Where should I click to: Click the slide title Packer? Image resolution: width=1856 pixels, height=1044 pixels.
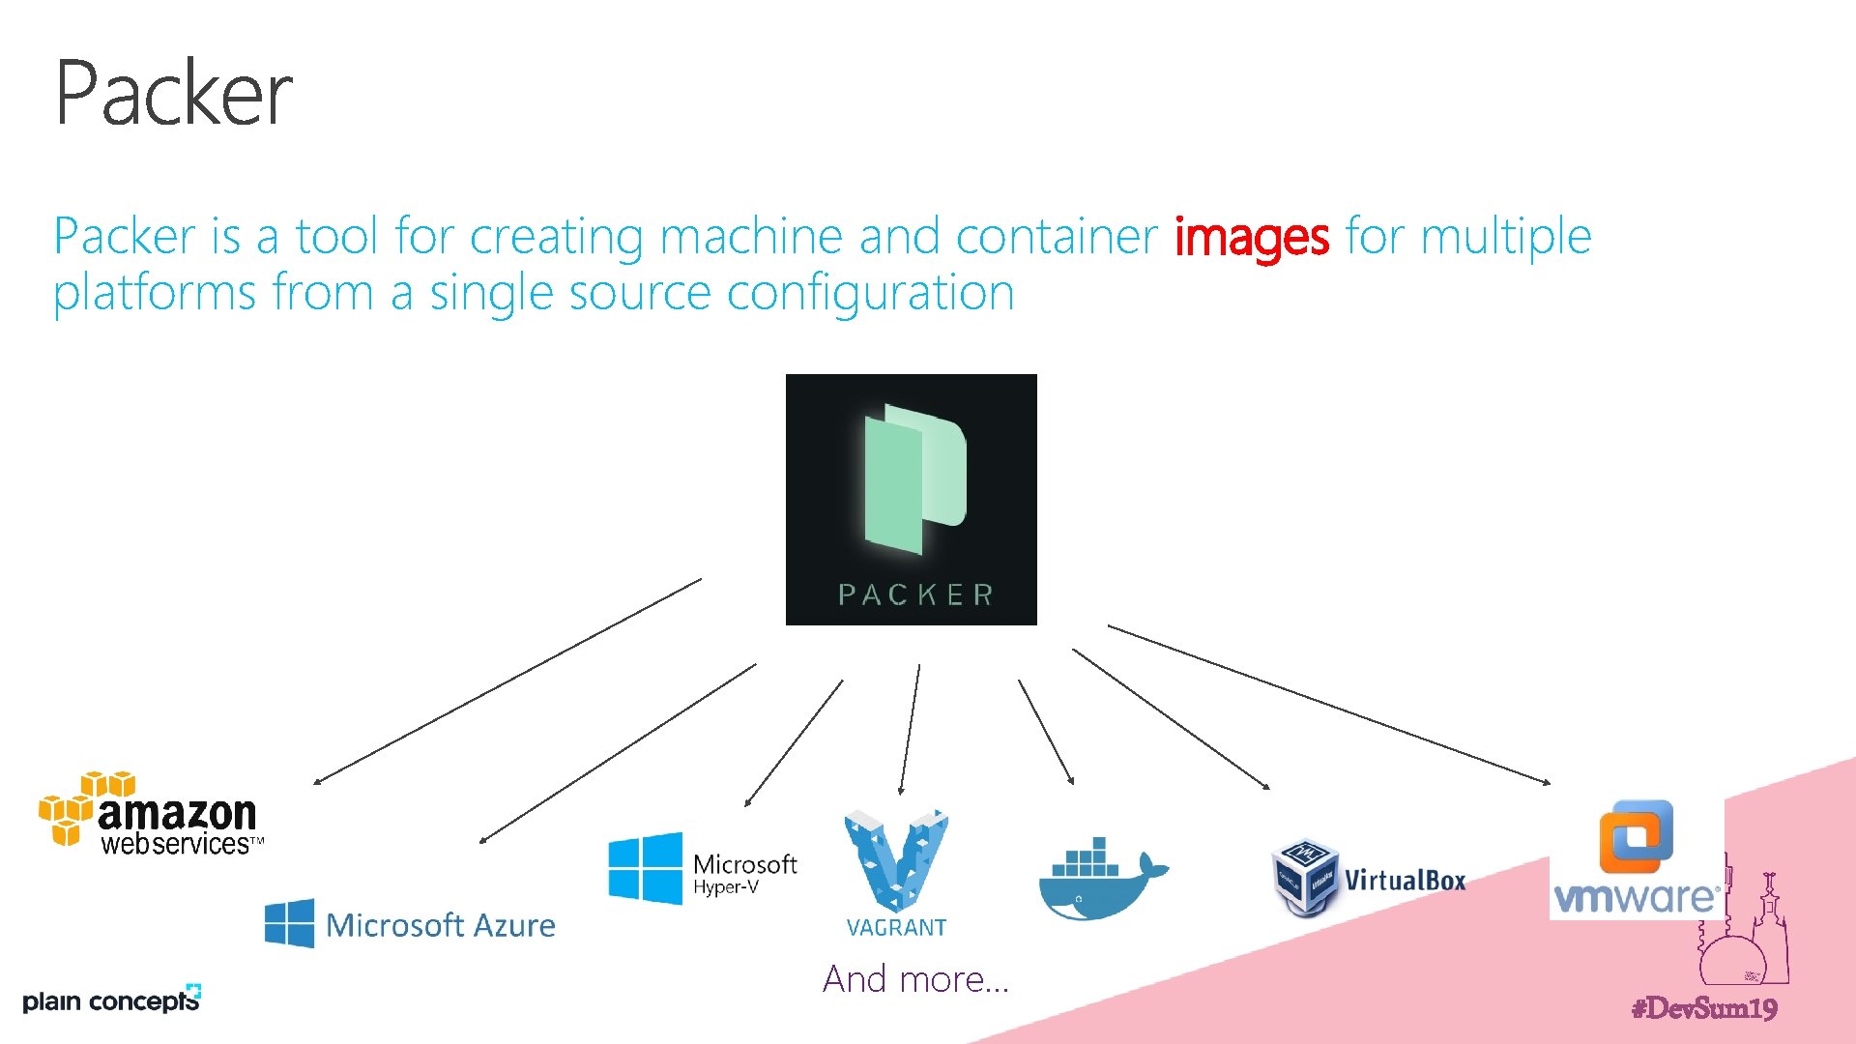173,93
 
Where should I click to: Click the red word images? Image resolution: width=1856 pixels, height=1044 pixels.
1251,237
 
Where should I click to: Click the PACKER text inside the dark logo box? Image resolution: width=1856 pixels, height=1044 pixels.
914,594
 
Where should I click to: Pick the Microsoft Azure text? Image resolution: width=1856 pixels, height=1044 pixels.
440,925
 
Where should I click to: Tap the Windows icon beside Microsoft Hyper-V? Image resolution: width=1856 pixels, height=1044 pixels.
645,868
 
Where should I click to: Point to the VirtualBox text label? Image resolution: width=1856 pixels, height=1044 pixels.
1405,881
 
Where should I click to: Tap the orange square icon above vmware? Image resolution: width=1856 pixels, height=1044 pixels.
1636,835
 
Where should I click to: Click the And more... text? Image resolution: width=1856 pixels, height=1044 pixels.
915,979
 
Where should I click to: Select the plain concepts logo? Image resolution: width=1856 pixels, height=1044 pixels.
110,1000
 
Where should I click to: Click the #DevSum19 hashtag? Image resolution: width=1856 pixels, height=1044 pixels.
1703,1008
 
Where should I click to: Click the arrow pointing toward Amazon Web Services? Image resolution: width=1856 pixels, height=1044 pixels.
507,681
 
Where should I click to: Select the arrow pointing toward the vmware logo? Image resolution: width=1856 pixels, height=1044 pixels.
1328,704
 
